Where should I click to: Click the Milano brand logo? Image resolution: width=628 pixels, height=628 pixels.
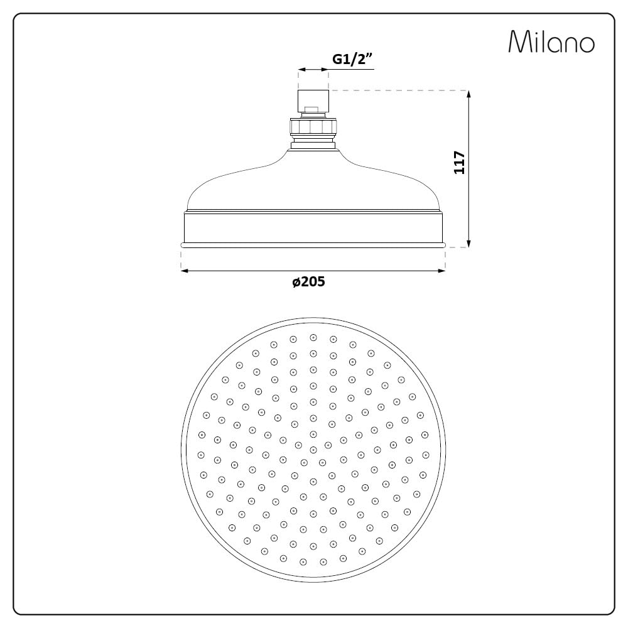click(x=551, y=41)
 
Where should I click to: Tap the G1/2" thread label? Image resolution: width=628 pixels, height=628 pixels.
click(x=352, y=59)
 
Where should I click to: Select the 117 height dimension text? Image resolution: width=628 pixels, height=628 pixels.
click(x=459, y=162)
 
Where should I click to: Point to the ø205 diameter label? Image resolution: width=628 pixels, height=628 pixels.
click(x=308, y=281)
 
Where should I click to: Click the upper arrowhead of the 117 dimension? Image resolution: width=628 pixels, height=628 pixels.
click(x=468, y=95)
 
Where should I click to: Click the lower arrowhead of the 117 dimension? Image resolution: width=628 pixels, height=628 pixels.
click(x=468, y=243)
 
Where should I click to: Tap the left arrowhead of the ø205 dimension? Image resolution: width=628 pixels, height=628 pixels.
click(x=185, y=271)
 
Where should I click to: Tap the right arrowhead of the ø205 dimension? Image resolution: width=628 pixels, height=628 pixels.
click(x=441, y=271)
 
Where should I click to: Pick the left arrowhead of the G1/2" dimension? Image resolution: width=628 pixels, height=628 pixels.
click(x=302, y=70)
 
